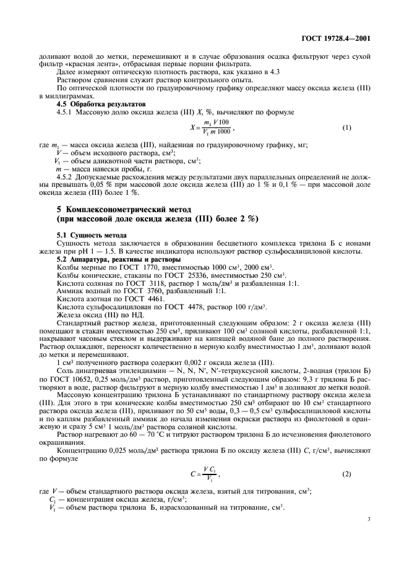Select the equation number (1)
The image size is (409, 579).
click(x=347, y=127)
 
